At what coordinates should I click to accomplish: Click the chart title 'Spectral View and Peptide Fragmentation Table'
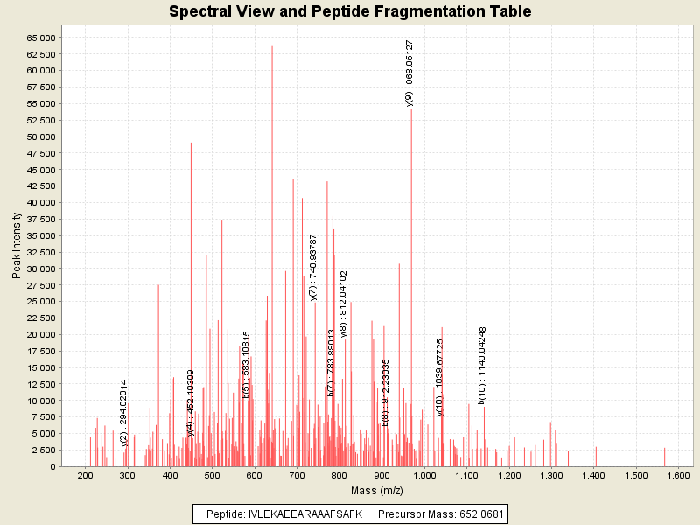350,11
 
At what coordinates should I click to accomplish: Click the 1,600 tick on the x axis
679,475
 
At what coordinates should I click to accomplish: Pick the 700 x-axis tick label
297,475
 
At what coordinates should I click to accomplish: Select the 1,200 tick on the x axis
509,475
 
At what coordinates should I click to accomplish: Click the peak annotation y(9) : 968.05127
409,73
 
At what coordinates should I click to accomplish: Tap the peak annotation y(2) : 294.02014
124,412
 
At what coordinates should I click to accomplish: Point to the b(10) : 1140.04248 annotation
482,365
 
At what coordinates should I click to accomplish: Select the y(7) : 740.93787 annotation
313,268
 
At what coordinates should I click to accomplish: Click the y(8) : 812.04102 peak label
344,304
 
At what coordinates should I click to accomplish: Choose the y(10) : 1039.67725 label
440,377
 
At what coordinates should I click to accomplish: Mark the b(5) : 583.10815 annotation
246,365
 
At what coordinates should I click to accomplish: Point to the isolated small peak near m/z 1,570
665,457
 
